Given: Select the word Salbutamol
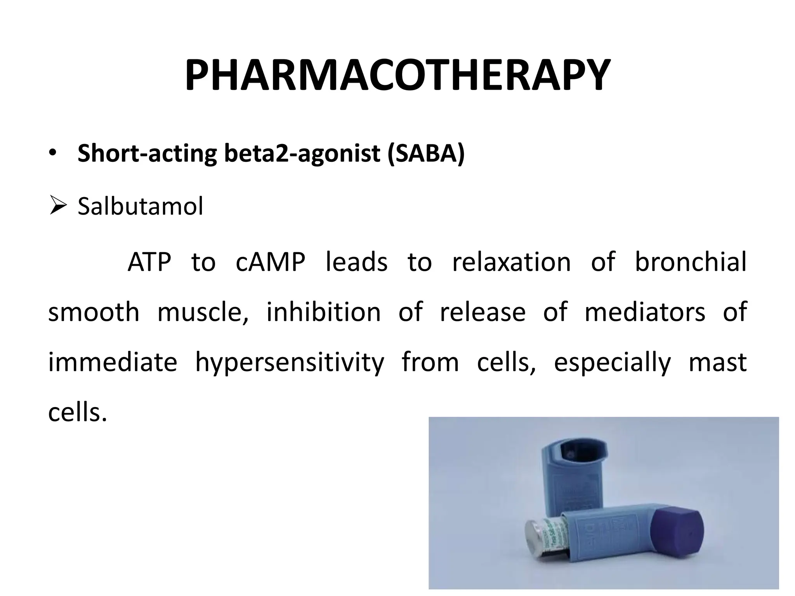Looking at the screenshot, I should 140,206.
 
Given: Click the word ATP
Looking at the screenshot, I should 149,262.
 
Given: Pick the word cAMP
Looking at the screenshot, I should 270,262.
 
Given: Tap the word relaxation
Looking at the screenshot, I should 511,262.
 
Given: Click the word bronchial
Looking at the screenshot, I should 690,262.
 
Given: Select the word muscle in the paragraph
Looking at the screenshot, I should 203,312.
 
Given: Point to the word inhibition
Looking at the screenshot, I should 323,312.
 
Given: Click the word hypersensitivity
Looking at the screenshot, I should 289,362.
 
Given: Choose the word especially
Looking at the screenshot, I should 612,362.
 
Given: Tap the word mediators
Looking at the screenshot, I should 645,312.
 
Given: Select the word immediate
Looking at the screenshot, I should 113,362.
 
